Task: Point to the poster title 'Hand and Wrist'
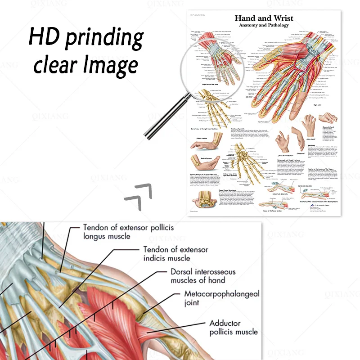[264, 18]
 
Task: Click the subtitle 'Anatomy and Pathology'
[264, 26]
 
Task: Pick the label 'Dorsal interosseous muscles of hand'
[198, 276]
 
